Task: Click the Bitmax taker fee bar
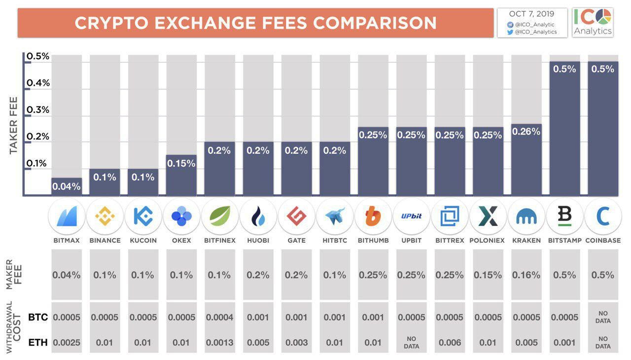(x=66, y=187)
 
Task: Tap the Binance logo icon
(x=105, y=216)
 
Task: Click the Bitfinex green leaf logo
(x=220, y=216)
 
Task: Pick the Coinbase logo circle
(x=602, y=216)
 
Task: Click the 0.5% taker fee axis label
(x=38, y=56)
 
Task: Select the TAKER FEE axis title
(x=13, y=126)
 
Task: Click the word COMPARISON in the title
(x=375, y=23)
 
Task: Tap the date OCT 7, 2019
(x=532, y=14)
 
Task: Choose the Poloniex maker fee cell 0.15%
(x=488, y=275)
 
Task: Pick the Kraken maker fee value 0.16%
(x=526, y=275)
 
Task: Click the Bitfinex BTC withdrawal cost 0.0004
(x=220, y=317)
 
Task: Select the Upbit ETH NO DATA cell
(x=411, y=342)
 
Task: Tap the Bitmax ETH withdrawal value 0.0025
(x=66, y=342)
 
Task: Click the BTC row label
(x=38, y=317)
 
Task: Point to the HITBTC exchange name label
(x=335, y=241)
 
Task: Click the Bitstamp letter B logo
(x=564, y=216)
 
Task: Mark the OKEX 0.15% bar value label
(x=181, y=163)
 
